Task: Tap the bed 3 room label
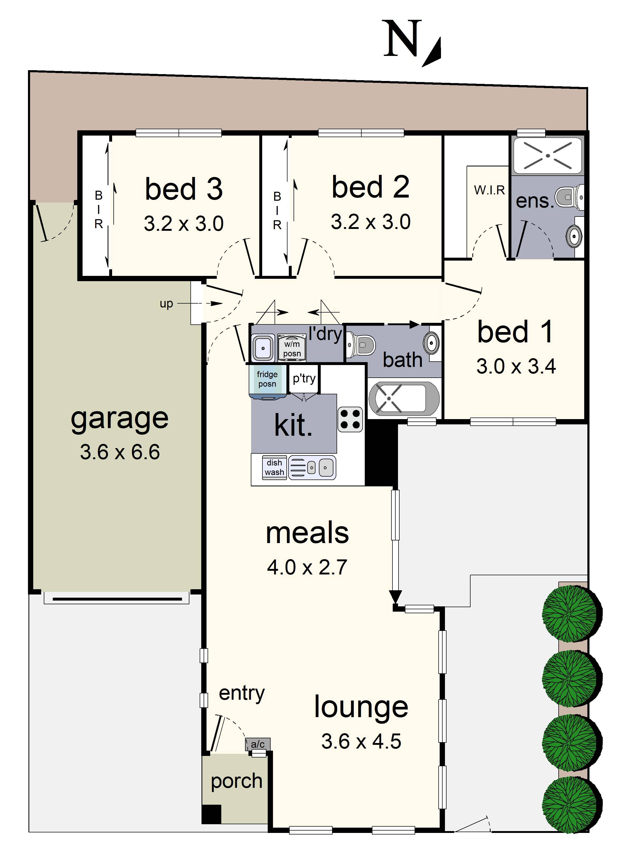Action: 184,189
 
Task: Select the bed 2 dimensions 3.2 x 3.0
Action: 371,222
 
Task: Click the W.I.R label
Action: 489,190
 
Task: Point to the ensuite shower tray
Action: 548,156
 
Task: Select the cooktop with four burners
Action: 350,419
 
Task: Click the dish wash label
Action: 274,467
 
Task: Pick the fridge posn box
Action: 267,379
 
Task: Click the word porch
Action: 237,781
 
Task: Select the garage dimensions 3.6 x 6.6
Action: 120,452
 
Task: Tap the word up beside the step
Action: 166,304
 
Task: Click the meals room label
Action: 307,533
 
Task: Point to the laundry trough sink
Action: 263,348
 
